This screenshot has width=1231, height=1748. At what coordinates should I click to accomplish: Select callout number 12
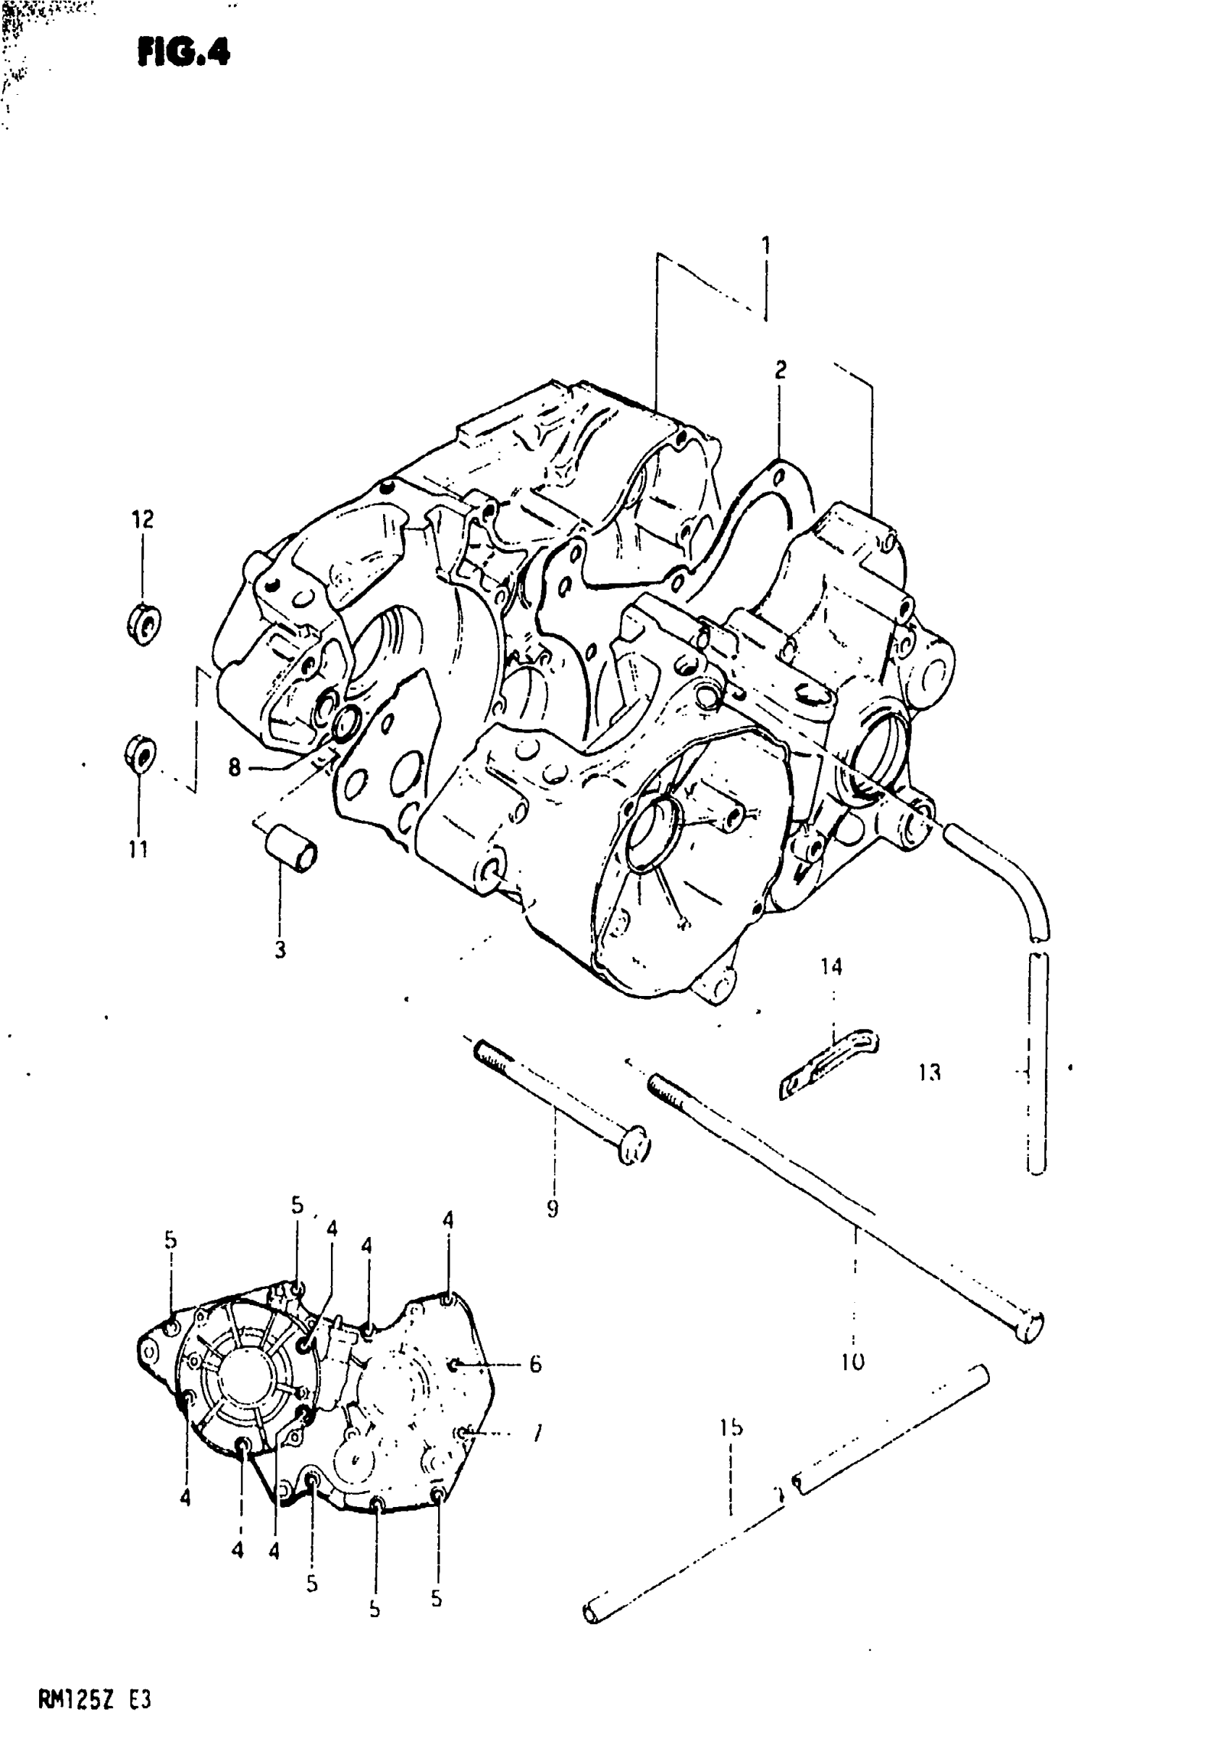(x=143, y=519)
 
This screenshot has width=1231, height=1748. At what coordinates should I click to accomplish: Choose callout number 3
(x=280, y=950)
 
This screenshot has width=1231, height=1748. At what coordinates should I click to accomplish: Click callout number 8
(x=234, y=767)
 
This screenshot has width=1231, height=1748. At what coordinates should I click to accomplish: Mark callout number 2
(x=780, y=371)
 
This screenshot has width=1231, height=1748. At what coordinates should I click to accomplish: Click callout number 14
(x=831, y=967)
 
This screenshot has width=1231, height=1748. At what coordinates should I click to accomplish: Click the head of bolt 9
(x=633, y=1151)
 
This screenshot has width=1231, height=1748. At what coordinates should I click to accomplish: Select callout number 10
(x=852, y=1361)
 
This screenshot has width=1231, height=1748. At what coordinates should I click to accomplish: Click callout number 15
(x=731, y=1427)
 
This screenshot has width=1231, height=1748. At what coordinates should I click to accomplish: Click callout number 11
(x=138, y=849)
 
